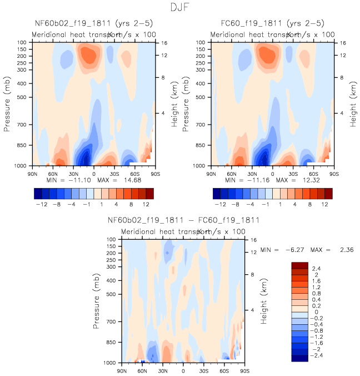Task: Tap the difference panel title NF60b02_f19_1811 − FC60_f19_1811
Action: pos(183,220)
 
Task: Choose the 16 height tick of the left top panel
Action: pos(164,42)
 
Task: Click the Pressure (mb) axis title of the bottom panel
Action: pos(98,301)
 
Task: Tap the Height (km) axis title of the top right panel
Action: pos(353,104)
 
